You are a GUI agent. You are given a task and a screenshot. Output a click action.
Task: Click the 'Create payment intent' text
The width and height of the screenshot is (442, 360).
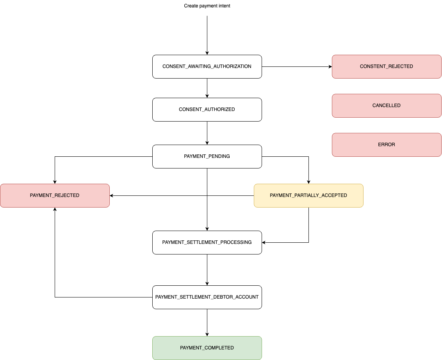tap(207, 6)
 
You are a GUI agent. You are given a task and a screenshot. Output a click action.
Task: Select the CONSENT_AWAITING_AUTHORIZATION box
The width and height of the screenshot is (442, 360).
tap(207, 66)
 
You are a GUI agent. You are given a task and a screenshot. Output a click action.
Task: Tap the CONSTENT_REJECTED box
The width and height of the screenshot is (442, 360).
tap(387, 66)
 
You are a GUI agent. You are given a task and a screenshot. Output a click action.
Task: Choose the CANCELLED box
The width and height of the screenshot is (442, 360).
tap(387, 106)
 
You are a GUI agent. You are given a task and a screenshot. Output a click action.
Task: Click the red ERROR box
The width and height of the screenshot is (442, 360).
tap(387, 145)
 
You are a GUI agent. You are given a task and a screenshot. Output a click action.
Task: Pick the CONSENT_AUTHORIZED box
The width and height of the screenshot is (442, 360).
tap(207, 109)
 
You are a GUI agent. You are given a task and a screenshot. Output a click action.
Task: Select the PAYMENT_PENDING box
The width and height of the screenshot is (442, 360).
tap(207, 156)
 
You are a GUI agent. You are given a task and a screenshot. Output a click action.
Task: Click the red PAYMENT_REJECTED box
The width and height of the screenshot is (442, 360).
tap(55, 195)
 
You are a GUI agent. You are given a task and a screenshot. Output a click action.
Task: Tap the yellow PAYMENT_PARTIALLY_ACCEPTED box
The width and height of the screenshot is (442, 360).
tap(308, 195)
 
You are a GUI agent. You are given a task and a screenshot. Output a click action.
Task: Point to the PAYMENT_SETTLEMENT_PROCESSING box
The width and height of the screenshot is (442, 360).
tap(207, 242)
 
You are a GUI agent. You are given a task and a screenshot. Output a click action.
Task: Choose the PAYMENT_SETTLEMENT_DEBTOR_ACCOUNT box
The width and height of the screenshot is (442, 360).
tap(207, 297)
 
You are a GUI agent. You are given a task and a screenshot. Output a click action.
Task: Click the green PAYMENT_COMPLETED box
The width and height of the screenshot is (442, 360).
tap(207, 348)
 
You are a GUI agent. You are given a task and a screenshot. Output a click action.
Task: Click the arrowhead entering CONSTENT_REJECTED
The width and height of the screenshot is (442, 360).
tap(330, 66)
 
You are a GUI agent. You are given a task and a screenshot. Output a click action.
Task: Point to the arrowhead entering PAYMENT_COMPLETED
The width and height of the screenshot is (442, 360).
tap(207, 335)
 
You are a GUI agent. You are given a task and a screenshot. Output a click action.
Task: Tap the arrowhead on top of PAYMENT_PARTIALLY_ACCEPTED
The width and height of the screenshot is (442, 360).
tap(308, 182)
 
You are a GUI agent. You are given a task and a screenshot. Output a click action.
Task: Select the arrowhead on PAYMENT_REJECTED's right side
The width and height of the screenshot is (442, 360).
tap(111, 195)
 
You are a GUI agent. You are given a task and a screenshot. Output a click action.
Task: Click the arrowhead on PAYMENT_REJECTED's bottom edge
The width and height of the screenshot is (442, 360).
tap(55, 209)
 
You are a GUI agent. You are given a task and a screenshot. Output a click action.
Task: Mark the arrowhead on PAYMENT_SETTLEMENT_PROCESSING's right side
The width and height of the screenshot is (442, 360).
tap(264, 242)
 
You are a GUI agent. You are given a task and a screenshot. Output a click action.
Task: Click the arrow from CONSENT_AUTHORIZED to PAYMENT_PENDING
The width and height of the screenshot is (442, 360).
tap(207, 133)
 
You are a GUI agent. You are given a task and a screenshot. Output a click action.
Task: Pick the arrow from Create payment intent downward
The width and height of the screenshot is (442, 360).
tap(207, 35)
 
